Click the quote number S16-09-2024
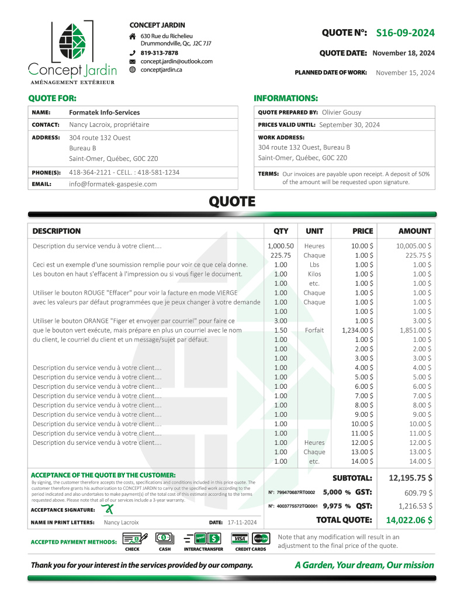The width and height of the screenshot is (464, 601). [x=405, y=33]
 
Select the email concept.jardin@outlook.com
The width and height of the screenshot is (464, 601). [x=176, y=61]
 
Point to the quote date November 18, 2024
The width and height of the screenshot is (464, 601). [x=403, y=53]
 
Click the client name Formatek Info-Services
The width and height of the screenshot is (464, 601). [x=105, y=112]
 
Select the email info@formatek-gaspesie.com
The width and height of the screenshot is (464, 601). [x=113, y=184]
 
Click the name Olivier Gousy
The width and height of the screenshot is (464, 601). [x=342, y=112]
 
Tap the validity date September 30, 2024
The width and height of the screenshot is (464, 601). [x=349, y=125]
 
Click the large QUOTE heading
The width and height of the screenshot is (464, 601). [x=232, y=202]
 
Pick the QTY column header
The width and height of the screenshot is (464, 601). [x=281, y=231]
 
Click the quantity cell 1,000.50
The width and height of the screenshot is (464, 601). [x=281, y=246]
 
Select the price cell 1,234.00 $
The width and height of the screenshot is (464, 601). [x=358, y=330]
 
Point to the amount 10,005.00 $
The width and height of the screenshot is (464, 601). [x=414, y=246]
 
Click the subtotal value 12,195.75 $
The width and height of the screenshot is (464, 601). [x=410, y=478]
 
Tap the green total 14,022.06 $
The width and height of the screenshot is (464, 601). [x=409, y=520]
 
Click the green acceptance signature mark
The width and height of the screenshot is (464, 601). [x=107, y=509]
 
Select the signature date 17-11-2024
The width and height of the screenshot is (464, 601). [x=243, y=522]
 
